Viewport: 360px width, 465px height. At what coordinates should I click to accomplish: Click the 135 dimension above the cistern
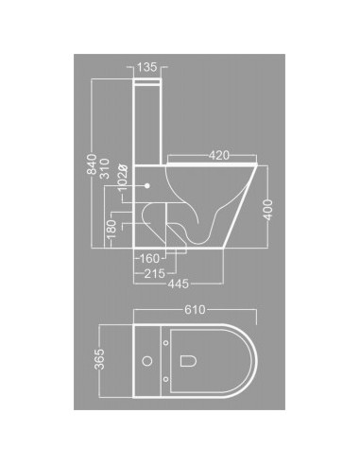[x=147, y=68]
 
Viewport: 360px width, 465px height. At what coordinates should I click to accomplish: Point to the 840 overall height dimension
[x=92, y=167]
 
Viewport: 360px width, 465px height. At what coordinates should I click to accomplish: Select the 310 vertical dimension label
[x=106, y=167]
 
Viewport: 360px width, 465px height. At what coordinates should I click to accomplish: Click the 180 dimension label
[x=111, y=231]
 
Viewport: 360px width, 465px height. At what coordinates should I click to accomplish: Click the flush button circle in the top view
[x=147, y=361]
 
